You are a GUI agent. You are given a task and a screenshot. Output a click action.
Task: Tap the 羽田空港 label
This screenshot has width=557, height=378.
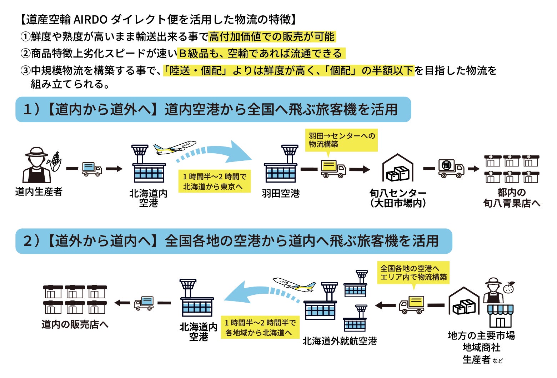(x=281, y=193)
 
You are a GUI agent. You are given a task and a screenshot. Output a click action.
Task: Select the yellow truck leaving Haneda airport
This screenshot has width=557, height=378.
(x=333, y=169)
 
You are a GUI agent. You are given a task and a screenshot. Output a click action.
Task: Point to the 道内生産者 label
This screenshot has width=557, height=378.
(x=39, y=192)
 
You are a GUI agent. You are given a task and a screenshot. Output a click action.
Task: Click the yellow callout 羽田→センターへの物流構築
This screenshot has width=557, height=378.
(x=341, y=140)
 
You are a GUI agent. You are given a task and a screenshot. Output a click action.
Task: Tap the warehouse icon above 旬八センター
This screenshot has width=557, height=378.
(x=398, y=168)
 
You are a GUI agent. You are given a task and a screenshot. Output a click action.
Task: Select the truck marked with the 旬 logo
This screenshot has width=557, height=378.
(x=451, y=169)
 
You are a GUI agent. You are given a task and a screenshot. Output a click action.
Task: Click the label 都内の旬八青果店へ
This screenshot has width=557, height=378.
(x=512, y=198)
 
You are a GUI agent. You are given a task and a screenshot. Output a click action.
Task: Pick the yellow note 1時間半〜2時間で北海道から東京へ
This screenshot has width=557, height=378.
(x=214, y=181)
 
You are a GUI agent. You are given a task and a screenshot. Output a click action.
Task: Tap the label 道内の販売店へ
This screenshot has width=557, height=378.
(x=75, y=324)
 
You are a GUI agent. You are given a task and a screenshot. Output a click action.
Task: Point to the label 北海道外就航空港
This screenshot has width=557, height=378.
(x=340, y=341)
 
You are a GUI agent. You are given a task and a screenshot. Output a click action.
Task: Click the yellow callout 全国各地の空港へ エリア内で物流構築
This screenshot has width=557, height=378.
(x=413, y=273)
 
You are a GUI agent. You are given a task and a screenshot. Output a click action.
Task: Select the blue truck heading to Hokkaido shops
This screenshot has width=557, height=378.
(x=144, y=303)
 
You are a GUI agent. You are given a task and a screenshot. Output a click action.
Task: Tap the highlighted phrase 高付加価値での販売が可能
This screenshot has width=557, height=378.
(x=272, y=37)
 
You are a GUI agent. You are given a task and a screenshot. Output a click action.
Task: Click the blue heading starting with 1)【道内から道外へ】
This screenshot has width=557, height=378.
(x=213, y=109)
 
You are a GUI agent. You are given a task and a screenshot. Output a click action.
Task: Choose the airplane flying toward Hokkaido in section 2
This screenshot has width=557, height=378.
(x=295, y=285)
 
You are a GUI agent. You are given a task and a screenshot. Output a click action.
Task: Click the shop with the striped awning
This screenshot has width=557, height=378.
(x=500, y=316)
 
